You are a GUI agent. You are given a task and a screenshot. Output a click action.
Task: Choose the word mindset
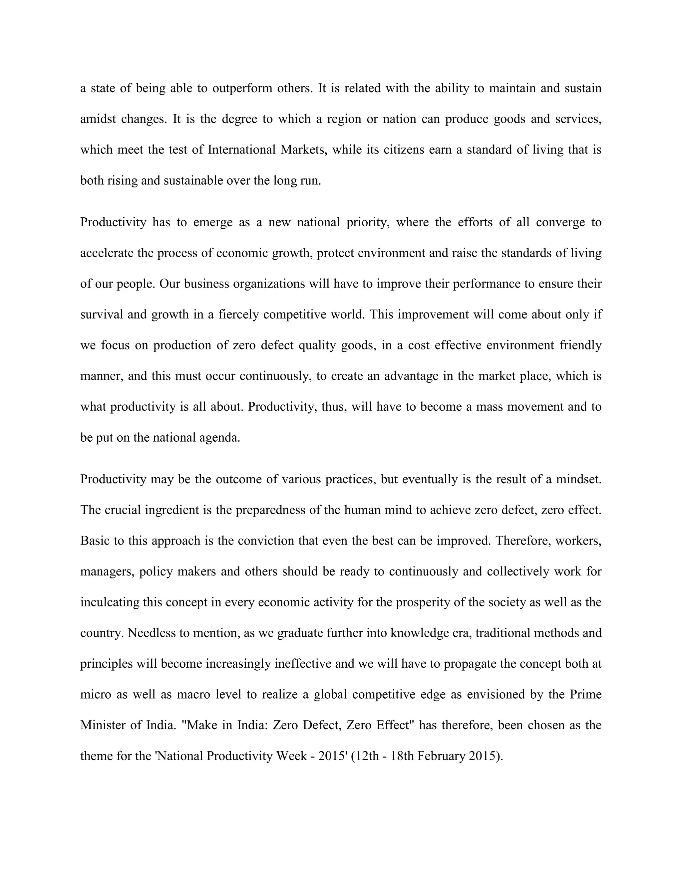(x=579, y=479)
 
